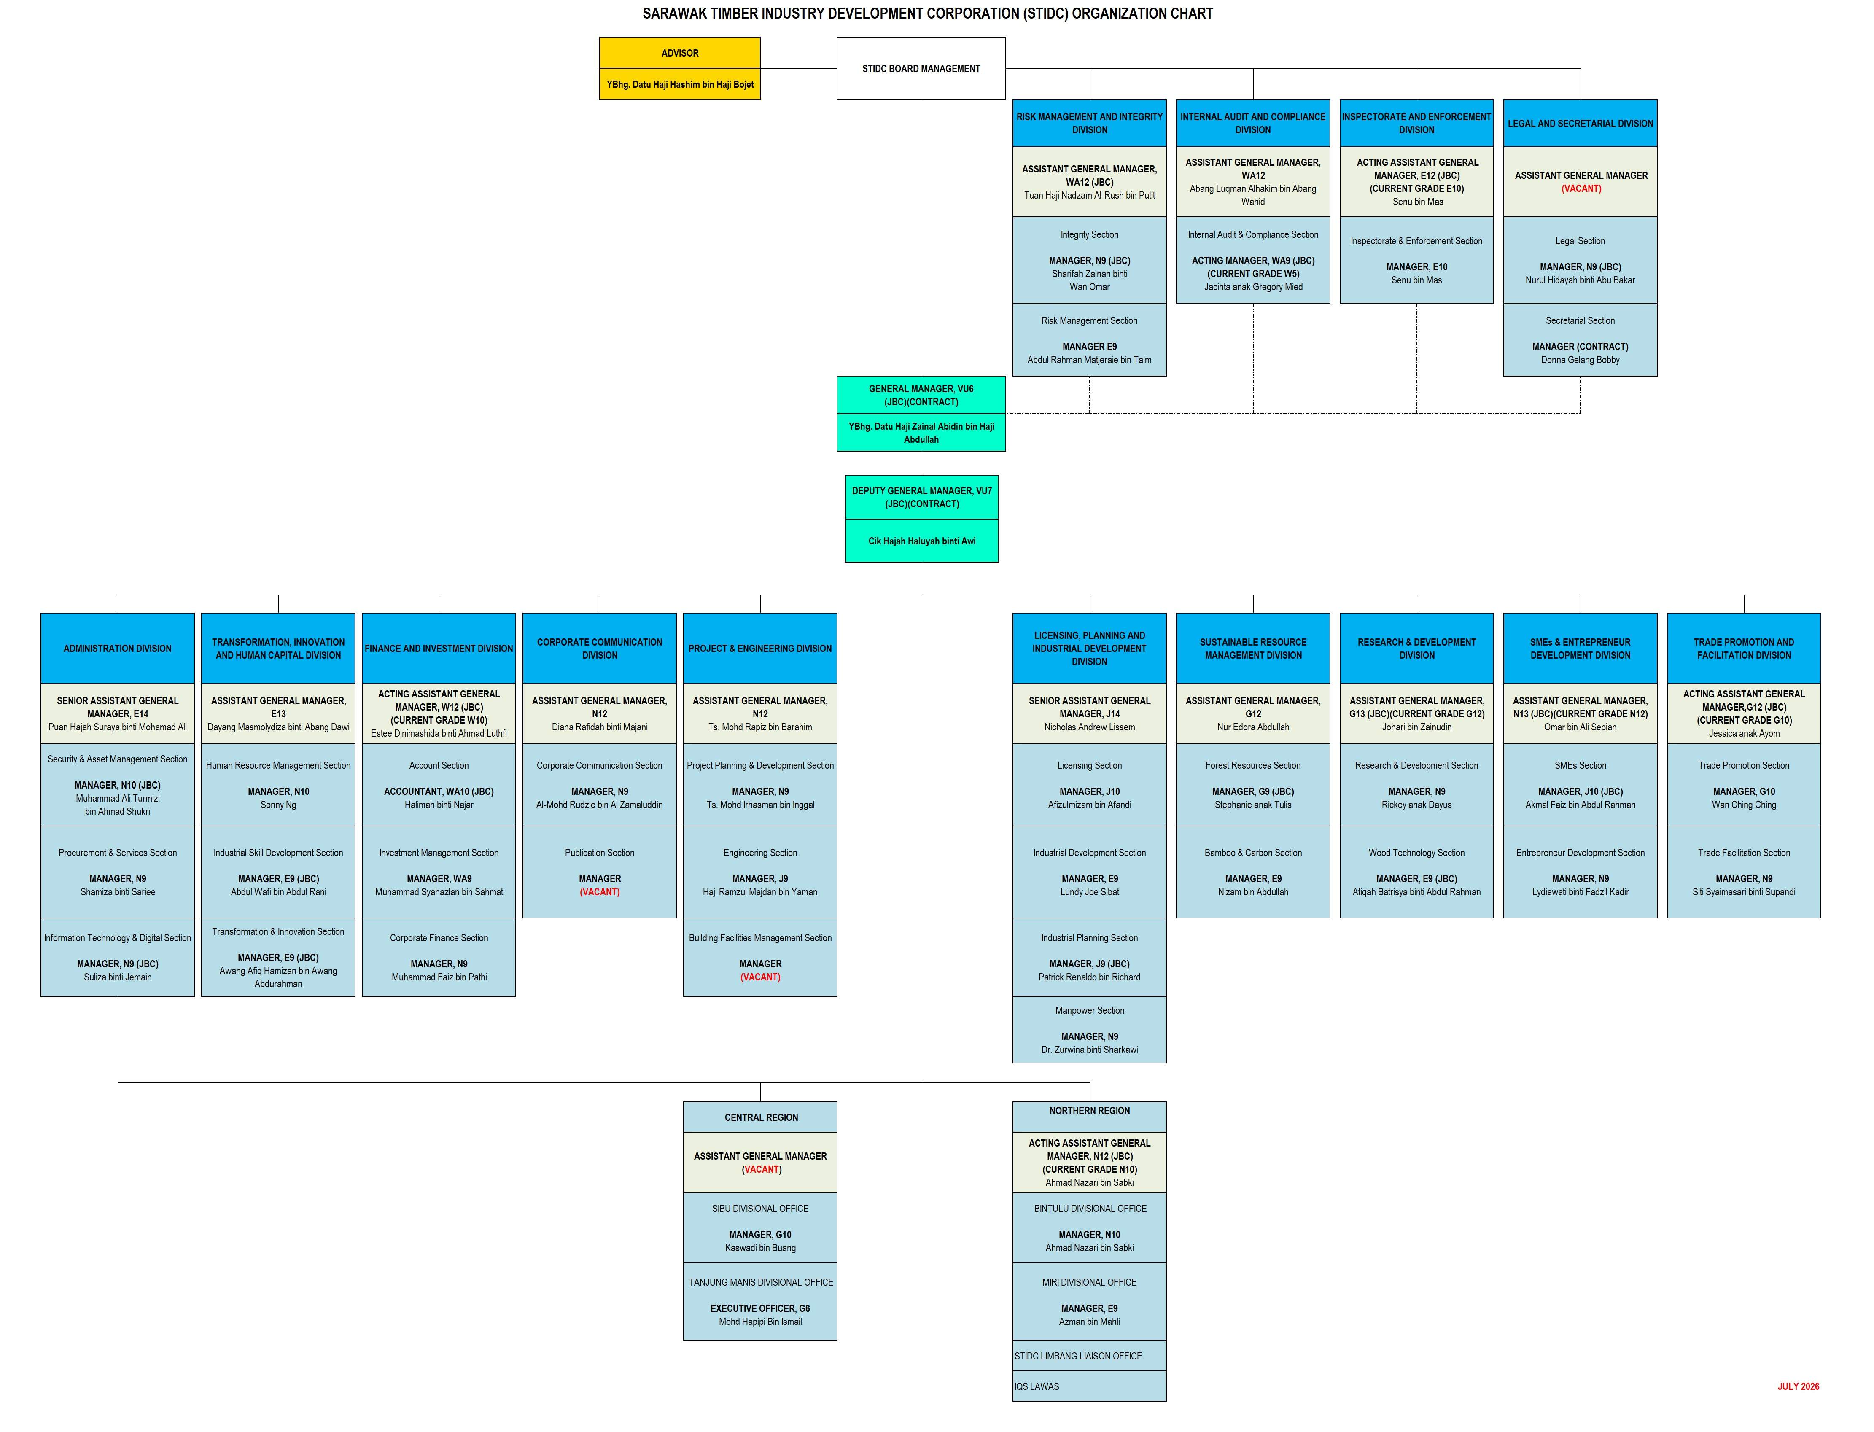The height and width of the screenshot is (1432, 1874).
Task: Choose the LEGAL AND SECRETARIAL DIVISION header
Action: click(x=1580, y=124)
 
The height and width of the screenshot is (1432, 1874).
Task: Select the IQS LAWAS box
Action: click(x=1089, y=1386)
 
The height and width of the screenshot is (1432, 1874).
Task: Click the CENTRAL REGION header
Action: click(x=760, y=1117)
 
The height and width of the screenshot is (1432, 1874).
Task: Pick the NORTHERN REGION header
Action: click(x=1089, y=1111)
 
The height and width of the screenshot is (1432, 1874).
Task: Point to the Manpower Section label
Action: click(x=1089, y=1010)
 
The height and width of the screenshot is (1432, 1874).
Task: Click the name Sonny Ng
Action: click(x=278, y=805)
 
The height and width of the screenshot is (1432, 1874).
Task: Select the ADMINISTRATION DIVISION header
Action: click(x=118, y=649)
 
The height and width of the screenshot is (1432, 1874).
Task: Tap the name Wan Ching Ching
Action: click(x=1744, y=805)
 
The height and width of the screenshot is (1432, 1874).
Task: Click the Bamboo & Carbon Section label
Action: click(x=1253, y=852)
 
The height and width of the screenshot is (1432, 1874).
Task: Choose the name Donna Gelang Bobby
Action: click(x=1580, y=360)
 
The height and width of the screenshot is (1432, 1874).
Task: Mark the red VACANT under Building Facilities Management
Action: click(x=760, y=977)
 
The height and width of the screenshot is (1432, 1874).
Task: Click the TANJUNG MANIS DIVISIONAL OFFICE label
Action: click(x=760, y=1282)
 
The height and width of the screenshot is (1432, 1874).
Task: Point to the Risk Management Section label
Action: click(x=1089, y=320)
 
